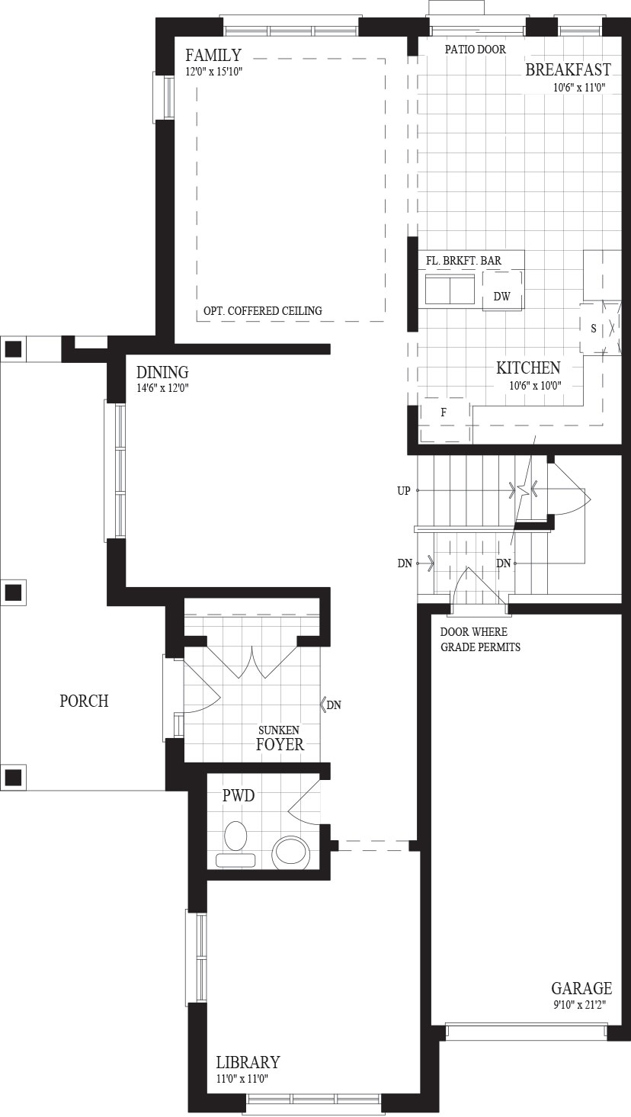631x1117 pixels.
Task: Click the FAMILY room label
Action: click(x=213, y=54)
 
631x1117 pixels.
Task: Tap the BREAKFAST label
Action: click(x=569, y=69)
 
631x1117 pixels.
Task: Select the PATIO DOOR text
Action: click(x=476, y=50)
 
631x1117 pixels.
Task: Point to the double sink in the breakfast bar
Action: click(x=450, y=289)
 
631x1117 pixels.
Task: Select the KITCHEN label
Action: click(x=528, y=368)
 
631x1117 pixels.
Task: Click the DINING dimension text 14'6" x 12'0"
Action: click(x=162, y=388)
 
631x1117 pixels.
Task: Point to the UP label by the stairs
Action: click(x=404, y=491)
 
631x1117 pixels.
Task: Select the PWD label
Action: click(x=239, y=796)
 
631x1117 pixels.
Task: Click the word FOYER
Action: click(x=280, y=744)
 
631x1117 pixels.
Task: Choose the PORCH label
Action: click(x=84, y=701)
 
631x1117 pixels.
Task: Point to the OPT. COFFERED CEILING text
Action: click(x=263, y=310)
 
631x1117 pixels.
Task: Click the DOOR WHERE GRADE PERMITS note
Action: click(x=480, y=639)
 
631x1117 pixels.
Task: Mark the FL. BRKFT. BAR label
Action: click(x=463, y=260)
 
